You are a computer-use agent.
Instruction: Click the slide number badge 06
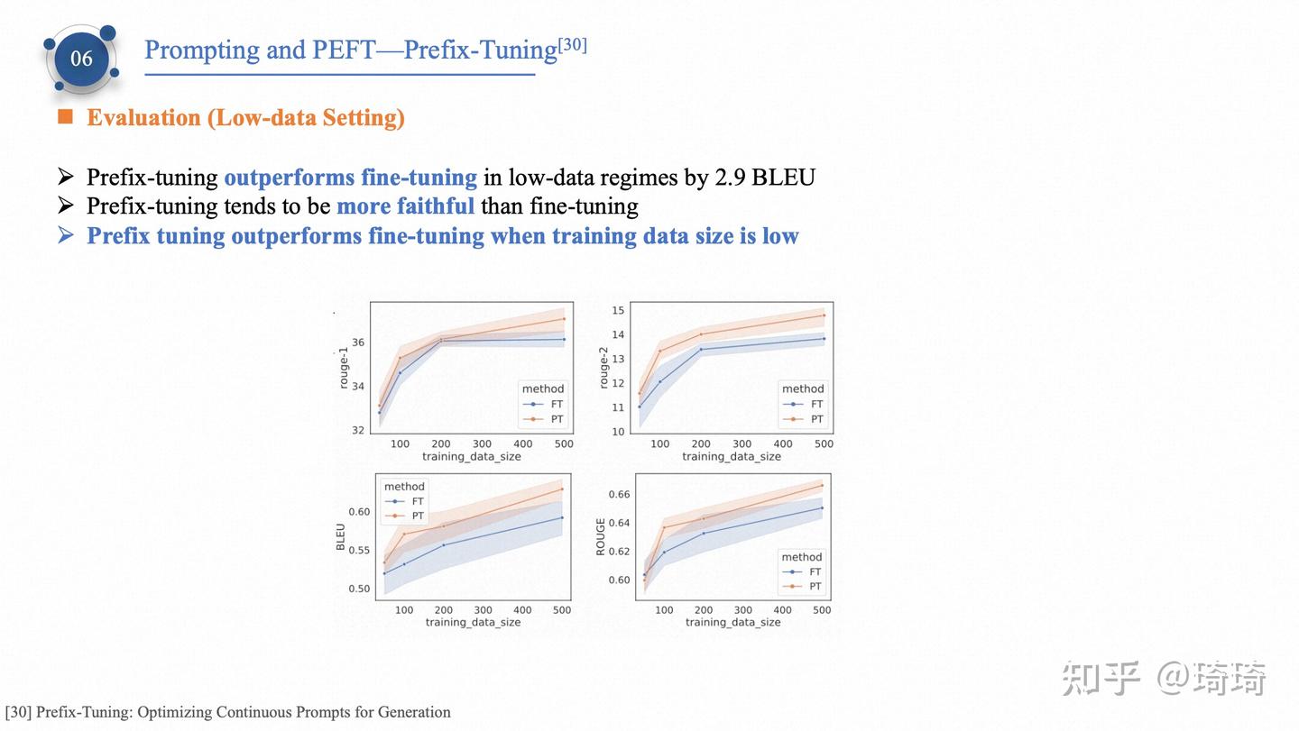click(81, 59)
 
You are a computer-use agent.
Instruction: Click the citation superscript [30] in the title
click(572, 44)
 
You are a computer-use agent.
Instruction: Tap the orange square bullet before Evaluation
click(65, 116)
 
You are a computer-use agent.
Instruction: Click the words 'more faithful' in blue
click(405, 206)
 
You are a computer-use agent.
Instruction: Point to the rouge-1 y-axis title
click(344, 368)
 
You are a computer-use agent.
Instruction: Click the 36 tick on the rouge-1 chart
click(358, 343)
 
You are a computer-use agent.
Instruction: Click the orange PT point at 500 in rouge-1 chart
click(564, 318)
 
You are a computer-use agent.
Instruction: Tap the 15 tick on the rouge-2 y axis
click(618, 311)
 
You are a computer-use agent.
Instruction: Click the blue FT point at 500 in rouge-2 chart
click(824, 339)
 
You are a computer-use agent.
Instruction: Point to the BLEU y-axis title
click(341, 536)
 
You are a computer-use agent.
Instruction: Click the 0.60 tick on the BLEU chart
click(359, 512)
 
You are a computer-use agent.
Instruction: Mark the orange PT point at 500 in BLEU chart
click(562, 489)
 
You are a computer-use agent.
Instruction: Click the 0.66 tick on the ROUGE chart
click(619, 494)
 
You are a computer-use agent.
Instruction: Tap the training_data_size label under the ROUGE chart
click(732, 622)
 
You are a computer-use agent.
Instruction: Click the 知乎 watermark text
click(1101, 678)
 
